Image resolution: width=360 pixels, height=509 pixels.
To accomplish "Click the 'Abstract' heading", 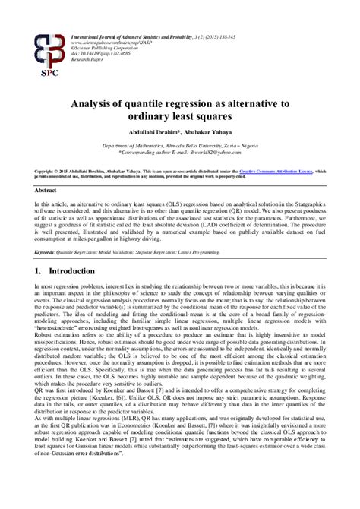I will pyautogui.click(x=46, y=191).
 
